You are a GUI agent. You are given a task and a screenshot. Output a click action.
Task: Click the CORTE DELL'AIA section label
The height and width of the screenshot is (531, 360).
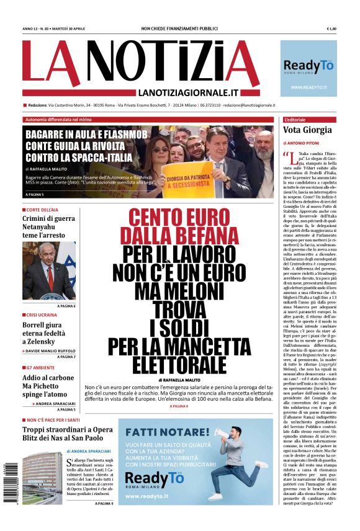(42, 210)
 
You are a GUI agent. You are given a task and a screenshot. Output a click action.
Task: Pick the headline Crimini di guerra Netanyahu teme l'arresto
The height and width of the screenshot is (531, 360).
(48, 227)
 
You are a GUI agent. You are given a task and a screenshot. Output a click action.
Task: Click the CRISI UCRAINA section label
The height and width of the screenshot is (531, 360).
(43, 315)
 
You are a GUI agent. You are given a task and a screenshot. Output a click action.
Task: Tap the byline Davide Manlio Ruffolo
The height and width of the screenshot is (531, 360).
(51, 350)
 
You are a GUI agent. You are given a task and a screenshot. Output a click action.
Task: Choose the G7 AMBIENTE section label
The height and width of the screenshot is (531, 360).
(41, 367)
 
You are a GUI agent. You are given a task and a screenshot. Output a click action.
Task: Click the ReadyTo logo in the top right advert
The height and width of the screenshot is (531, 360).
(308, 65)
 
